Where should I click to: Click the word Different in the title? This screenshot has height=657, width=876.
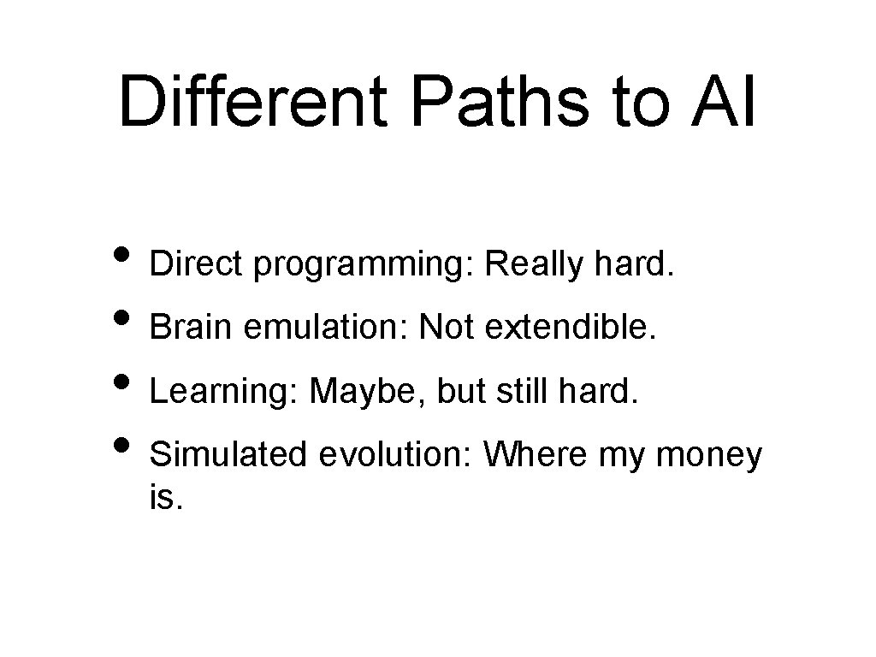click(256, 103)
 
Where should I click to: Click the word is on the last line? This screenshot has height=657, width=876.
click(164, 498)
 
